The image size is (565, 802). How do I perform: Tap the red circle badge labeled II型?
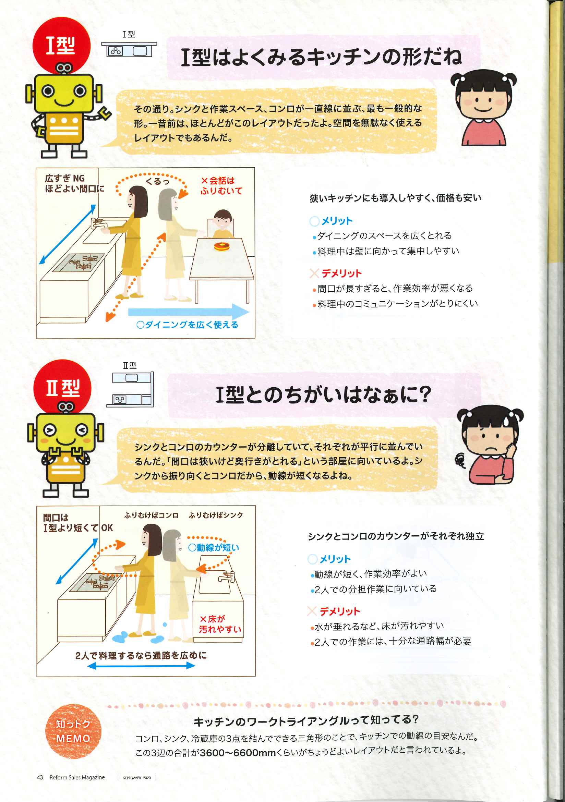pyautogui.click(x=62, y=388)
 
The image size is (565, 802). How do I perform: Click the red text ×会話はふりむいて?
pyautogui.click(x=221, y=186)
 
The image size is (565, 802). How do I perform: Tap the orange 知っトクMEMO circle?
pyautogui.click(x=73, y=731)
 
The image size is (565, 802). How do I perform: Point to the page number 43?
pyautogui.click(x=40, y=777)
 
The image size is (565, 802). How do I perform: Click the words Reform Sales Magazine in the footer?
pyautogui.click(x=77, y=777)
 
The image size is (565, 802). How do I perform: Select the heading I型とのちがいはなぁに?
pyautogui.click(x=323, y=394)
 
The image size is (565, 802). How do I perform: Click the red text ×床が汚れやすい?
pyautogui.click(x=220, y=624)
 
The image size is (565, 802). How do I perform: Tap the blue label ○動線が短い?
pyautogui.click(x=214, y=547)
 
